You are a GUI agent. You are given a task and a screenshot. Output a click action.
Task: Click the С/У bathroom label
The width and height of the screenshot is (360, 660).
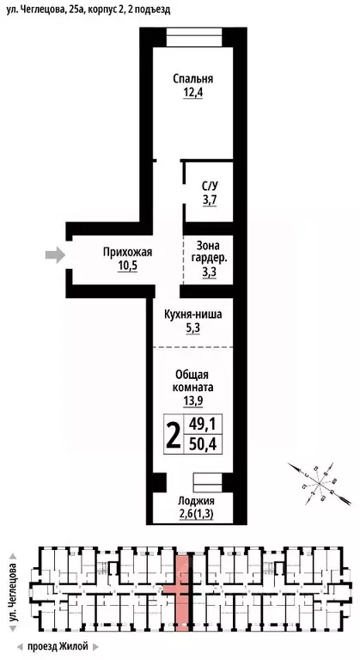coord(210,186)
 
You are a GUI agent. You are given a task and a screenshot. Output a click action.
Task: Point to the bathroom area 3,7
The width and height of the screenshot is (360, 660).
coord(210,199)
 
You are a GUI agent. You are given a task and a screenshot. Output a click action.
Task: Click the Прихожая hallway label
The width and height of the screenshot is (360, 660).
coord(127,252)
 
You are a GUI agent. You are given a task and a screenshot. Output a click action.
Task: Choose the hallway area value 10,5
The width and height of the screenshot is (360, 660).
coord(127,266)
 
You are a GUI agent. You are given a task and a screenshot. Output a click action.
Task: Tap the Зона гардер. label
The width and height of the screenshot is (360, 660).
coord(211,250)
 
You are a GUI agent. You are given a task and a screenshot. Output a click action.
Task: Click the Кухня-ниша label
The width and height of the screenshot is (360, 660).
coord(193,315)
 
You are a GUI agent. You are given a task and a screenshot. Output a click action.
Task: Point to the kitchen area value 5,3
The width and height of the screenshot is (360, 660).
coord(193,328)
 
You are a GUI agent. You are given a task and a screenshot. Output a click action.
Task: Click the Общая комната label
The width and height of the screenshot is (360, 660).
coord(193,381)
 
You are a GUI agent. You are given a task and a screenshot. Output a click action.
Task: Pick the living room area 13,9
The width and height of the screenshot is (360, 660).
coord(193,401)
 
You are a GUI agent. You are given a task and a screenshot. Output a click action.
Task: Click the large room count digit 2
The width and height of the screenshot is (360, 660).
coord(173,436)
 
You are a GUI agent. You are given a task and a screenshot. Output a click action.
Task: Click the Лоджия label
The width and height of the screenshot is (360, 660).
coord(196,500)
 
